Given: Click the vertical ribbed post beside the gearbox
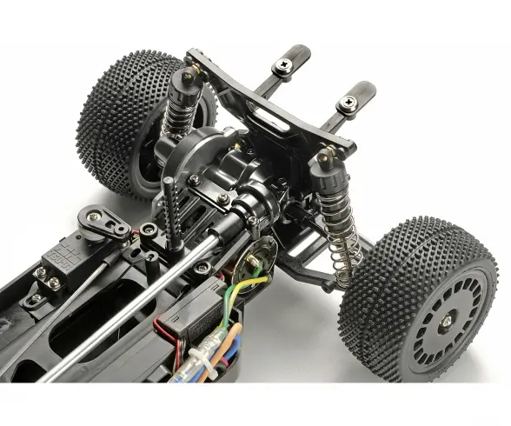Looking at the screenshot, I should tap(169, 209).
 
